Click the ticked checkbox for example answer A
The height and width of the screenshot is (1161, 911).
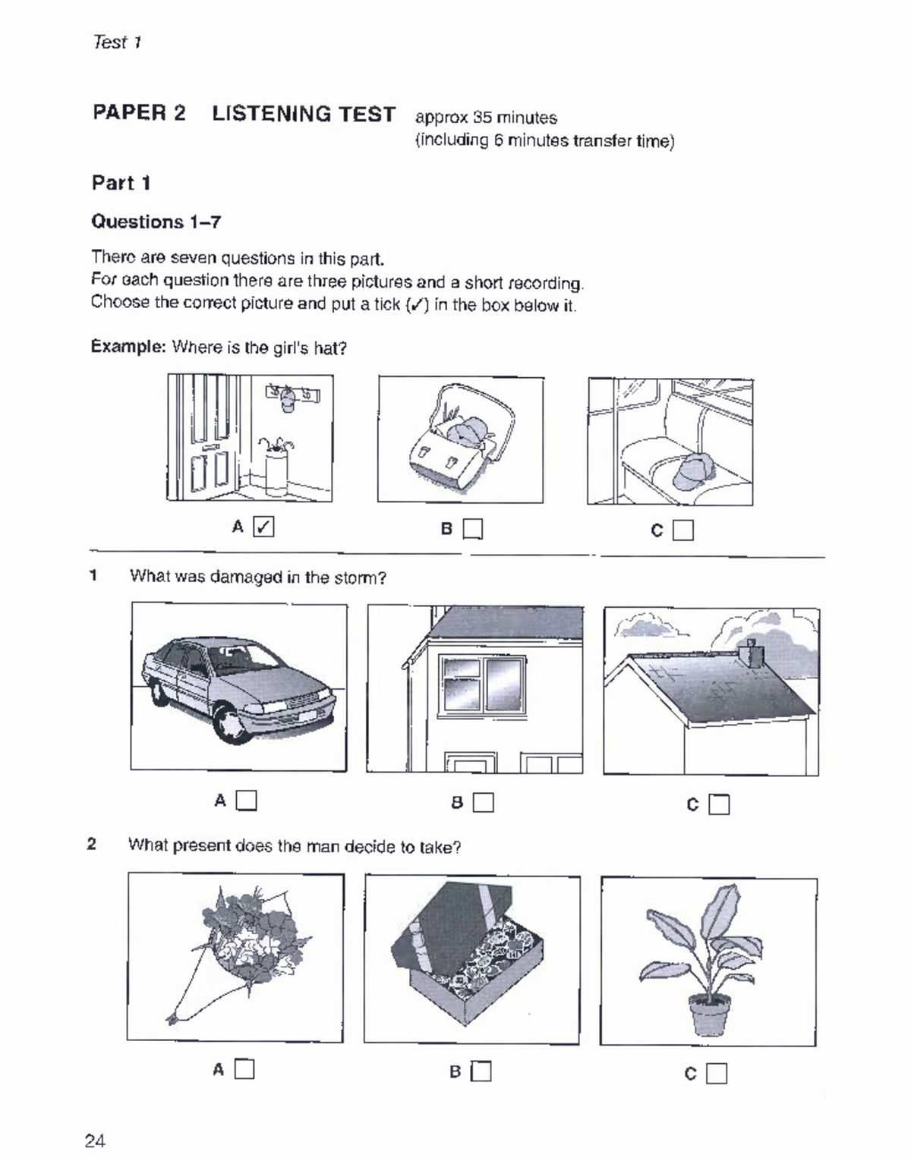263,526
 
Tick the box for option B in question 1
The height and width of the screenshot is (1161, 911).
484,802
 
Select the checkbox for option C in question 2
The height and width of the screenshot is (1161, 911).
717,1073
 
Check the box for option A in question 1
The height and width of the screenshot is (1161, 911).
247,800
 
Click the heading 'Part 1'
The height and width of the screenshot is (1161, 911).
121,183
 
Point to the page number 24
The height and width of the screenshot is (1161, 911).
96,1141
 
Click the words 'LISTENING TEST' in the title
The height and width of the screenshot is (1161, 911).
304,114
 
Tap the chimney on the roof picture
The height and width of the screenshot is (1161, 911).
751,653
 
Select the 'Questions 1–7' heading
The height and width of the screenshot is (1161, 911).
156,222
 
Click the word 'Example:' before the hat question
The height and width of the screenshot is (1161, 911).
128,347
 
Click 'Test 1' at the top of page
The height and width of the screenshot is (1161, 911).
117,42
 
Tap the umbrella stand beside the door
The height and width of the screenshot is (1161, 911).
275,471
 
